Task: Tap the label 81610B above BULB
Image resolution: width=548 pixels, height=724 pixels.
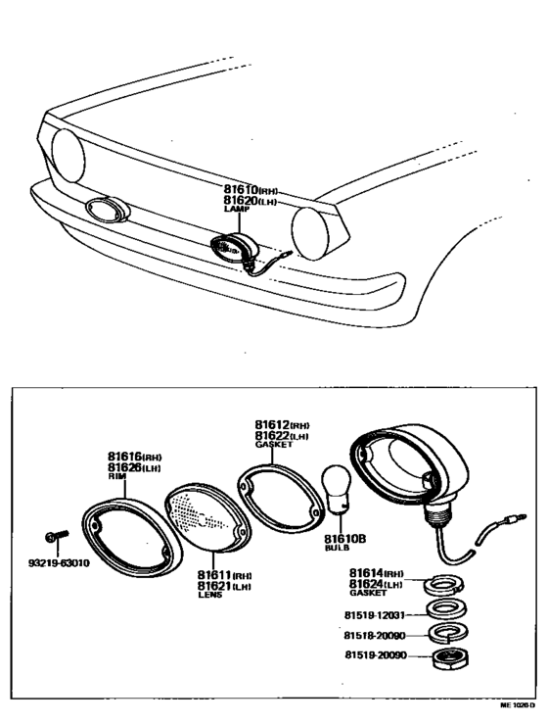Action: tap(343, 538)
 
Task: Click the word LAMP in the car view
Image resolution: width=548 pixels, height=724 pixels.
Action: tap(236, 209)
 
